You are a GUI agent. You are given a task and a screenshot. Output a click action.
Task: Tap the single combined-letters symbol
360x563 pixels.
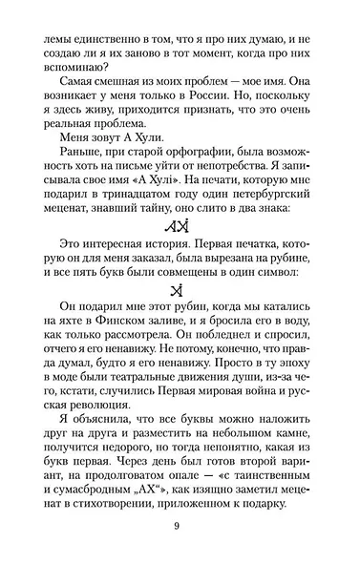(180, 291)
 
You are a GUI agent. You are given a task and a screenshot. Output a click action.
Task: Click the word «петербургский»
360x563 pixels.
(268, 198)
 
